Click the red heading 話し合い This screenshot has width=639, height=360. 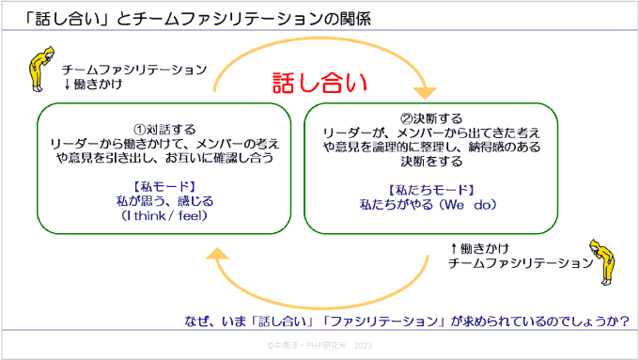(319, 83)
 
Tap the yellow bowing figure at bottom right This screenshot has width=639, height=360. (599, 257)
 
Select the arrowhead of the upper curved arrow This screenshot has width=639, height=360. (425, 92)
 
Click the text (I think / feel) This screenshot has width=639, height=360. (164, 215)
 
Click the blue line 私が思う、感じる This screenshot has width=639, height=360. (164, 200)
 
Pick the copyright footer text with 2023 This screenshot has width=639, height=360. (319, 346)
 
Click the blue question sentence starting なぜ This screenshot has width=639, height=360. (406, 321)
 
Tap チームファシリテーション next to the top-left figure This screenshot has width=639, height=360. (134, 70)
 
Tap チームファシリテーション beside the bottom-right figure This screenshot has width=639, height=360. (517, 263)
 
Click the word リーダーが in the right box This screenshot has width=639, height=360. (346, 133)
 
